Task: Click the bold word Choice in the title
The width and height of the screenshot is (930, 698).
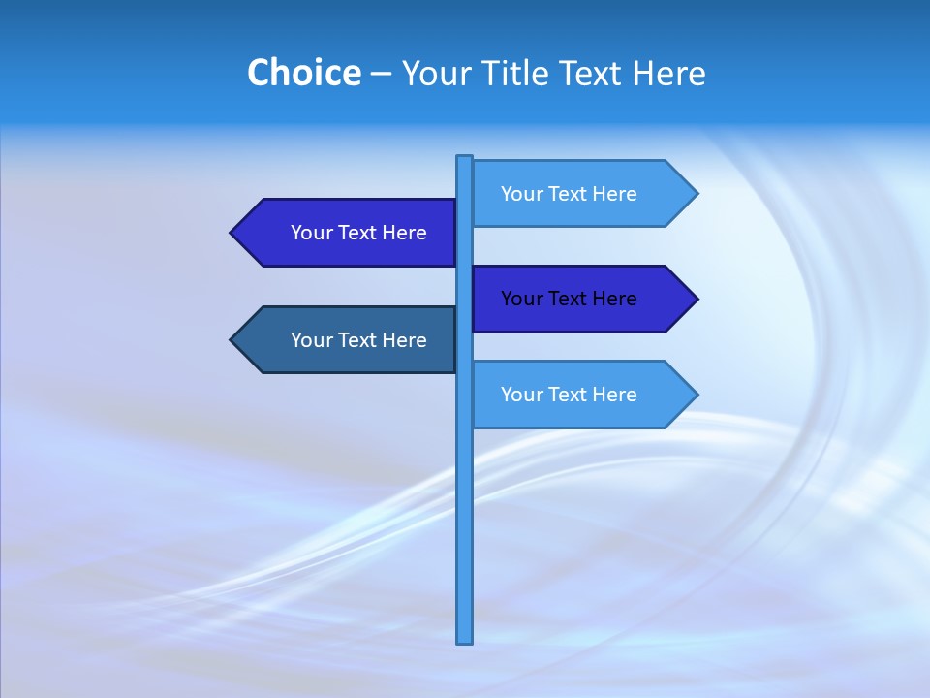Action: point(303,73)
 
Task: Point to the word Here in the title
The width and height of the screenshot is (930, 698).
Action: point(668,73)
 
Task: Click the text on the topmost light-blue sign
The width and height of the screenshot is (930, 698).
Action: point(569,194)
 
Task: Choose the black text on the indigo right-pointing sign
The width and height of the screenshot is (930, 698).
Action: point(569,299)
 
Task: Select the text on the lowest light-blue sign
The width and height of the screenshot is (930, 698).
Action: point(569,395)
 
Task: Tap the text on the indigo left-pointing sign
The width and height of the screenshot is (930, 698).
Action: point(358,233)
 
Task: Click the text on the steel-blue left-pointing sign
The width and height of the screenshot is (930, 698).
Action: point(358,340)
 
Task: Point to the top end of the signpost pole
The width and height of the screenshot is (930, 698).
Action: point(465,158)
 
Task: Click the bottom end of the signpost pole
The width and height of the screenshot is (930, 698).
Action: point(465,641)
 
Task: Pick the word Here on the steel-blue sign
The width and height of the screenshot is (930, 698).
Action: point(404,340)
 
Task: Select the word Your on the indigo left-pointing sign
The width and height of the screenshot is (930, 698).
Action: point(311,233)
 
